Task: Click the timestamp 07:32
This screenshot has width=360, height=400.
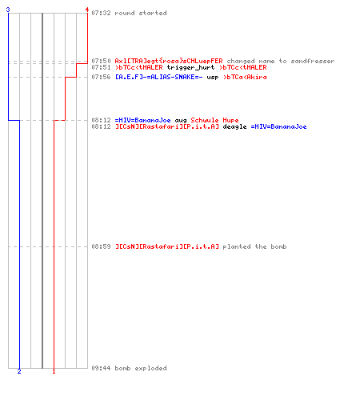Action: [x=101, y=13]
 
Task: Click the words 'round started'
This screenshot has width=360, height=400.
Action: [x=141, y=13]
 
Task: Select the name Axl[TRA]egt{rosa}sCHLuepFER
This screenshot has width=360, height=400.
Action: [x=169, y=61]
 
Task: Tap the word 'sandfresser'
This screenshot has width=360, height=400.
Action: [x=313, y=61]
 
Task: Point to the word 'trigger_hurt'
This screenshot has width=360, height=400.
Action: [x=190, y=67]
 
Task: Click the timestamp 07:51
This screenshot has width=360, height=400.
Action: [x=101, y=67]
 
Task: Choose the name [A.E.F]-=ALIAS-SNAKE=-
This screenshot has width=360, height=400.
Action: [x=159, y=77]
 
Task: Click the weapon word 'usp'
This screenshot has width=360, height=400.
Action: [x=213, y=78]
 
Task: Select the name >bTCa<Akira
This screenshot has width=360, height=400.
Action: [x=245, y=77]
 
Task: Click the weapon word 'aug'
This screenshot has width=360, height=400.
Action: [x=181, y=121]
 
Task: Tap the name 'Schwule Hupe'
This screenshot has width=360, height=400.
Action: [x=214, y=120]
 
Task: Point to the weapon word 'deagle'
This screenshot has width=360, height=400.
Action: [x=234, y=126]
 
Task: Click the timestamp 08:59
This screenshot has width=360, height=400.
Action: [x=101, y=246]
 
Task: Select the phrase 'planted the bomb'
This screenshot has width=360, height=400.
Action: [x=254, y=246]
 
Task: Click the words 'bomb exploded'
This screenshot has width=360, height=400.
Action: [x=141, y=368]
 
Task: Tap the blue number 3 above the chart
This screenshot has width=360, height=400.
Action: [x=8, y=10]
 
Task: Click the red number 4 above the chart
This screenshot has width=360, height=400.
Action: [x=87, y=10]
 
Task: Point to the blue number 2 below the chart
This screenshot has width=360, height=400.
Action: [x=19, y=371]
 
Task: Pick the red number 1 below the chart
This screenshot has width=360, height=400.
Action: [x=54, y=371]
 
